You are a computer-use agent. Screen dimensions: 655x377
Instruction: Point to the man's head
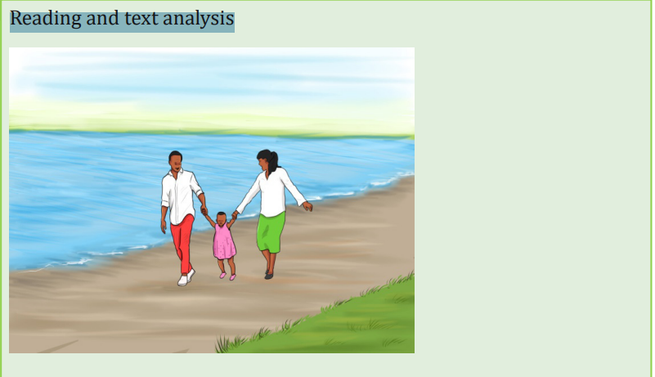(x=176, y=161)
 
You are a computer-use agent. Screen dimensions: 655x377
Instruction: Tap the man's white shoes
(x=186, y=277)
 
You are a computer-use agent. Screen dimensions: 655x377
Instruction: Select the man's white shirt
(x=180, y=195)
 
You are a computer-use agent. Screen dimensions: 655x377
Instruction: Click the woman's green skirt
(x=271, y=232)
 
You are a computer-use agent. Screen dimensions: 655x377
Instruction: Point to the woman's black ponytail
(x=274, y=163)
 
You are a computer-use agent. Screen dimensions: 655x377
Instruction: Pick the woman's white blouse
(x=272, y=192)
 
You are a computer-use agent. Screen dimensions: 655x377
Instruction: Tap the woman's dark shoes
(x=268, y=275)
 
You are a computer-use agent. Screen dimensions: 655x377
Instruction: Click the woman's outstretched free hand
(x=307, y=206)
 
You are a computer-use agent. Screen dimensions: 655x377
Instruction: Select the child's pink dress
(x=224, y=241)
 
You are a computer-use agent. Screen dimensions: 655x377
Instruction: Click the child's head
(x=222, y=218)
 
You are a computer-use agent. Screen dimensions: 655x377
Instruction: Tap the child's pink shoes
(x=227, y=276)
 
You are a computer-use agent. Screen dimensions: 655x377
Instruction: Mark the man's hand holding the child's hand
(x=204, y=210)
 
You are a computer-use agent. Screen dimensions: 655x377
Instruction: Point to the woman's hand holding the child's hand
(x=235, y=215)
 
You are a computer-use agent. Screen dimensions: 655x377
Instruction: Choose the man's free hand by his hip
(x=164, y=227)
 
